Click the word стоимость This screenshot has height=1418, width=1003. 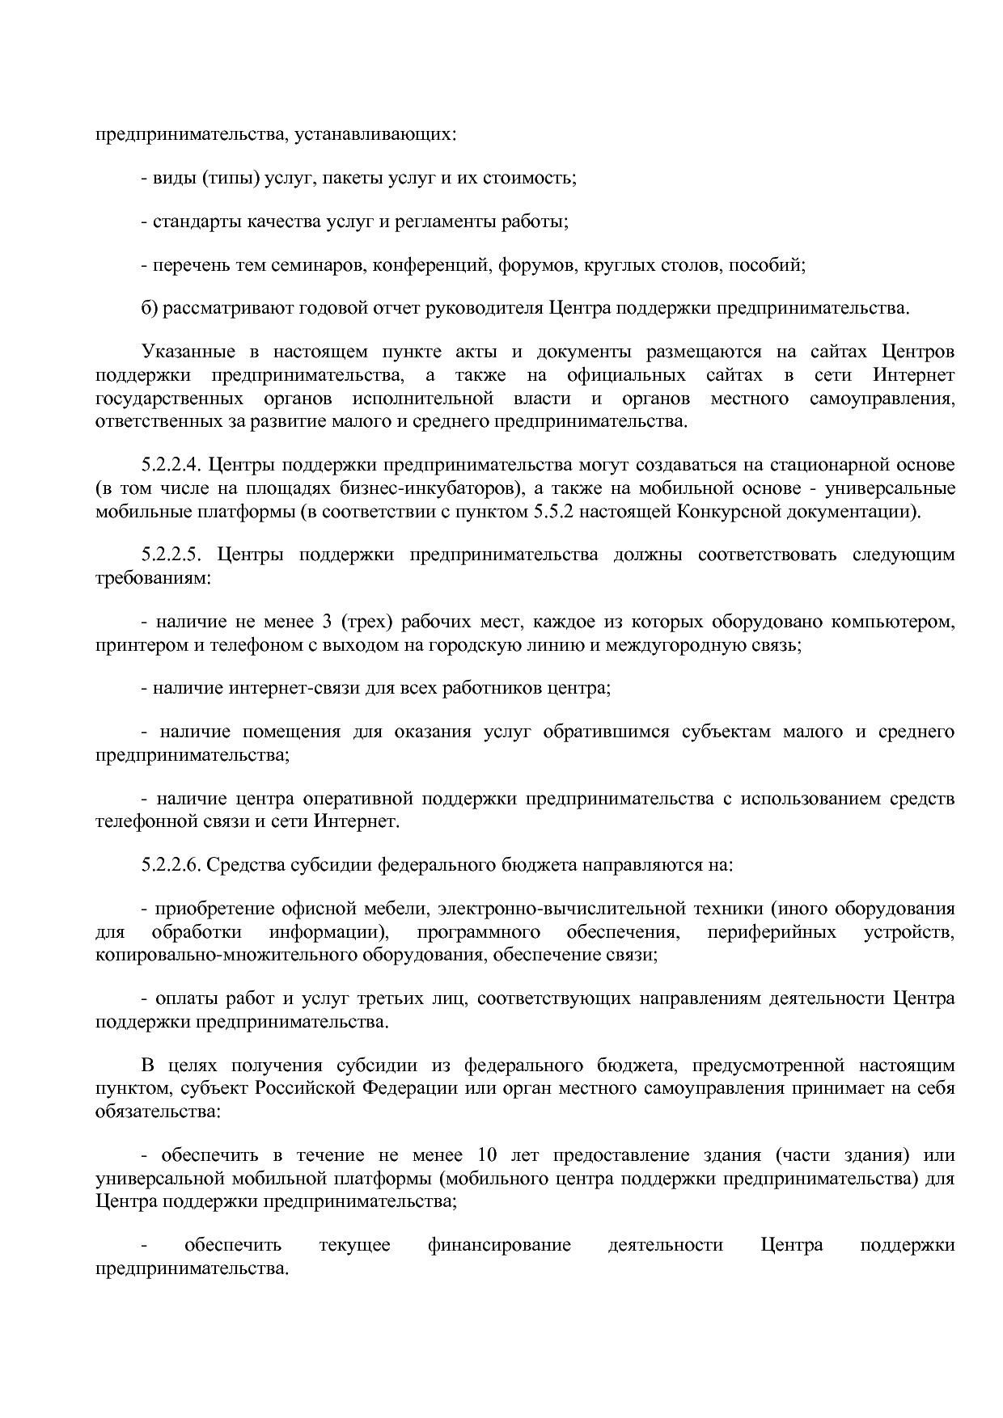point(529,177)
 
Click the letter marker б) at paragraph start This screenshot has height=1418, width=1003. point(148,308)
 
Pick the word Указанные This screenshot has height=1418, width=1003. point(188,352)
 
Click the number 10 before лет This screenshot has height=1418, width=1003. point(488,1154)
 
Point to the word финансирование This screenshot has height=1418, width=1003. point(499,1244)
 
